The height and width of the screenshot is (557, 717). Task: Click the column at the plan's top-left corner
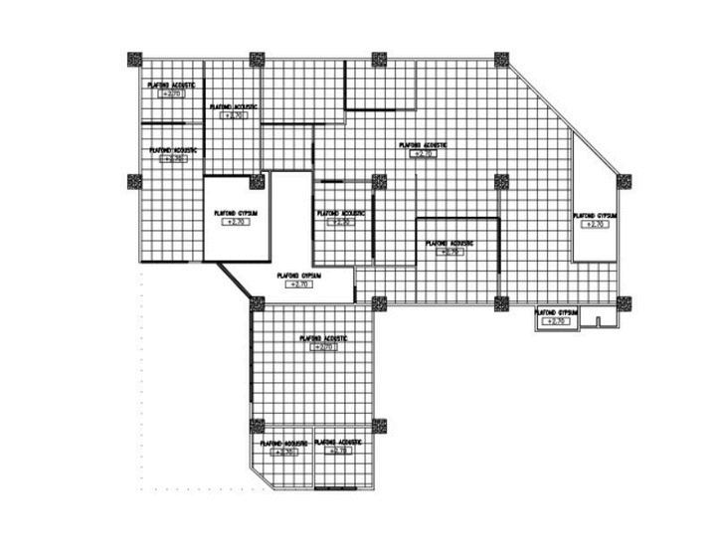click(134, 59)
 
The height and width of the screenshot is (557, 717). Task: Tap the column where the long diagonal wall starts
click(500, 59)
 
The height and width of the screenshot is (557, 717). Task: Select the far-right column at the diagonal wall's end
click(624, 181)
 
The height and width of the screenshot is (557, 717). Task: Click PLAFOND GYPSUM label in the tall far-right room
click(596, 215)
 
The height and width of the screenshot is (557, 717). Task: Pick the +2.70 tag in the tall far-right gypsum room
click(596, 225)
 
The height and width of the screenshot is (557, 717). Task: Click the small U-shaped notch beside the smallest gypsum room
click(596, 321)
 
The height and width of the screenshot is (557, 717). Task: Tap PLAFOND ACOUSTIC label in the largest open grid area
click(424, 145)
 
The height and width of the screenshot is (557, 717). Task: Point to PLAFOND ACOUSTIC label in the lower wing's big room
click(323, 338)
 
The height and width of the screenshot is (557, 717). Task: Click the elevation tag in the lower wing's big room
click(323, 348)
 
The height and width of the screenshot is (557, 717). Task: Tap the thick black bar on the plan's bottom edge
click(344, 489)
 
